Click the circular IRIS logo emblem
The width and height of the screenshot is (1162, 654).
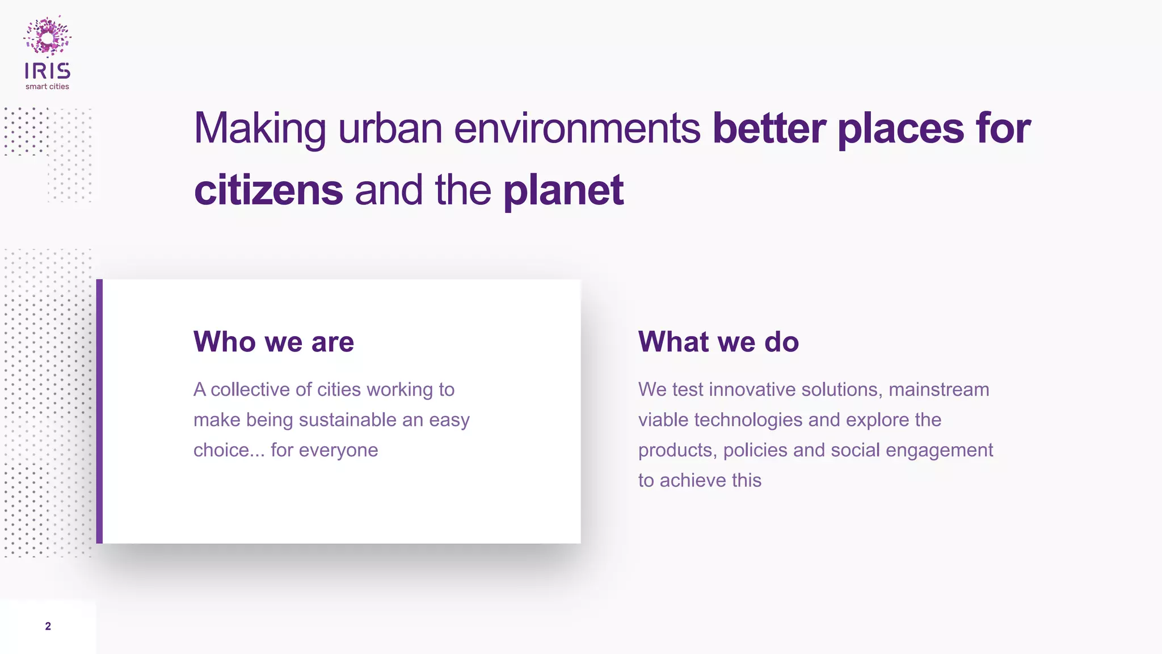[48, 37]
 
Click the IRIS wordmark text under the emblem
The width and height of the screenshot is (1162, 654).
[48, 71]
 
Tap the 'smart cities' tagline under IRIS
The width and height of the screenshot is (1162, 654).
[47, 87]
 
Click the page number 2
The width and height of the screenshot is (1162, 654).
[48, 626]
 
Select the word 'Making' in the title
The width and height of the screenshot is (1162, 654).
[260, 128]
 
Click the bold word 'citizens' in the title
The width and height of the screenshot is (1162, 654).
[268, 190]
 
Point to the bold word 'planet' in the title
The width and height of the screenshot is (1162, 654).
[563, 190]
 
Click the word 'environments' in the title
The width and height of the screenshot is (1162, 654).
[577, 128]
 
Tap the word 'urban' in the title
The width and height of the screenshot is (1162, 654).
[390, 128]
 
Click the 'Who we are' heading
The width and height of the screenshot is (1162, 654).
[273, 342]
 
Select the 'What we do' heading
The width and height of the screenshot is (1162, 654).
[718, 342]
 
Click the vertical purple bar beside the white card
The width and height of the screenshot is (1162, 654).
[99, 411]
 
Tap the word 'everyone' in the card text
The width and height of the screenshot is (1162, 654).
[338, 450]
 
